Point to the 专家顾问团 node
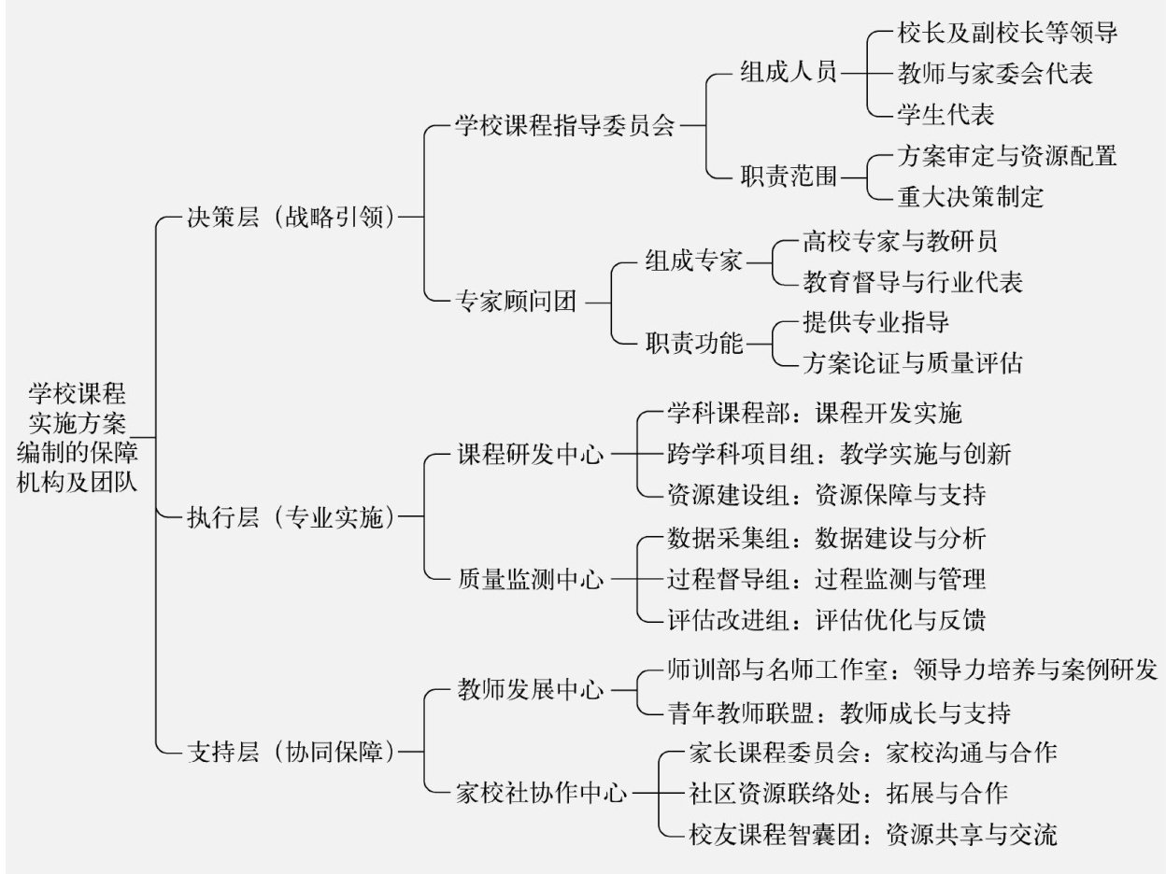point(517,302)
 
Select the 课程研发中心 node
point(530,456)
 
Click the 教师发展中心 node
point(530,692)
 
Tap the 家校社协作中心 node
point(541,794)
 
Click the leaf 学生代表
point(946,114)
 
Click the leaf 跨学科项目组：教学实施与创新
point(838,454)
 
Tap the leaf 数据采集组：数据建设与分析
point(826,538)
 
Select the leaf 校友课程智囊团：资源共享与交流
point(873,835)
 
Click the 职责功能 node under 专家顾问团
point(694,343)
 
